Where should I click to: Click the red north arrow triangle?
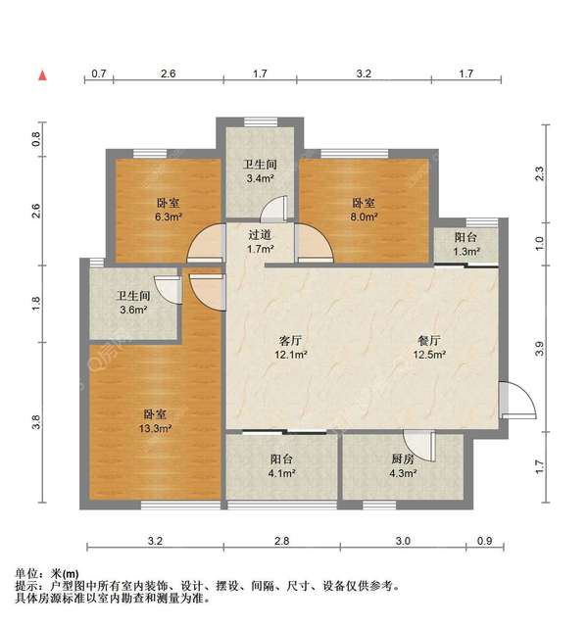tap(43, 74)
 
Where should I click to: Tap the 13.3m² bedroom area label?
tap(157, 420)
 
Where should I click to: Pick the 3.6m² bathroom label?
tap(133, 303)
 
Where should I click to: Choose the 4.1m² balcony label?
tap(283, 466)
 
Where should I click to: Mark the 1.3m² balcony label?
tap(466, 244)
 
